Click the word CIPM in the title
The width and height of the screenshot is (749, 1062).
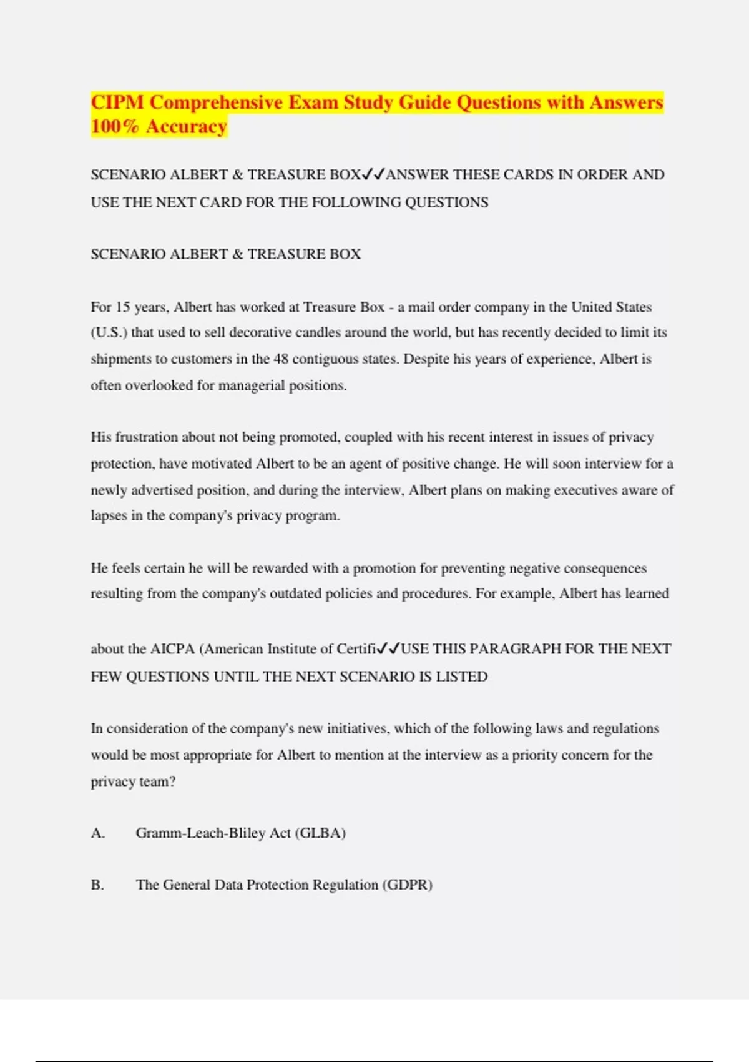point(117,102)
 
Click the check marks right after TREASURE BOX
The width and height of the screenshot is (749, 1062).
point(373,174)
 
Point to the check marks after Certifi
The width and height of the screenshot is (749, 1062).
point(388,649)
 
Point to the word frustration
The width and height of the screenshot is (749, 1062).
point(147,437)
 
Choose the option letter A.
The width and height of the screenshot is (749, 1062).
point(97,833)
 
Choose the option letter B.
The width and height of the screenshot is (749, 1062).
point(97,885)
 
